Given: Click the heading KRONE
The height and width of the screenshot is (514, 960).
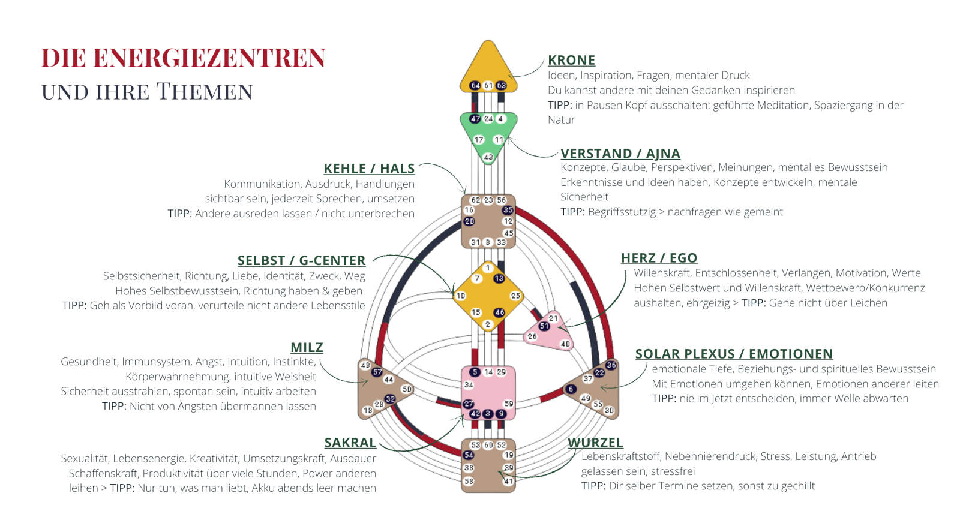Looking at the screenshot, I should (x=571, y=60).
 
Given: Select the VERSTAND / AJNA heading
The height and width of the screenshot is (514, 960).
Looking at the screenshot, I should (x=620, y=154).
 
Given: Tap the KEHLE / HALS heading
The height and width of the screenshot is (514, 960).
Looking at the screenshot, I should (x=369, y=169).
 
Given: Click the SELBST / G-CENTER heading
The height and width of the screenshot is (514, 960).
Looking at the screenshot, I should (x=301, y=261).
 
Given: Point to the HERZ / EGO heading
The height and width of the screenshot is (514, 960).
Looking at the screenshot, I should (x=659, y=258).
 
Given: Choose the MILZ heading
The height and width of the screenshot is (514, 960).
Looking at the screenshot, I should (x=307, y=348).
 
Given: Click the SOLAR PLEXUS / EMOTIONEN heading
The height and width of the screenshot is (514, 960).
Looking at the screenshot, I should (x=734, y=354).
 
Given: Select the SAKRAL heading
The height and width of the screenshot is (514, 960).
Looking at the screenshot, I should (x=350, y=443).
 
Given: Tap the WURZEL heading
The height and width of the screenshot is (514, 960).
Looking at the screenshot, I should (x=595, y=443).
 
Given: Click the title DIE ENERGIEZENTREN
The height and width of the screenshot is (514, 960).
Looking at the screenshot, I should (x=183, y=58).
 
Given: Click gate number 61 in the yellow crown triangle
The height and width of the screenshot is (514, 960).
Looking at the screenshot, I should (x=488, y=85).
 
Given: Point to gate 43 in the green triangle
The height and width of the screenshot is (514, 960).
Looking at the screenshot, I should (x=488, y=157).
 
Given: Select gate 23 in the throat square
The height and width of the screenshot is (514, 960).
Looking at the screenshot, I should (x=488, y=200).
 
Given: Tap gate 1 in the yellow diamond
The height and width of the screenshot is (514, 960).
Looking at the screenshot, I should (x=488, y=268).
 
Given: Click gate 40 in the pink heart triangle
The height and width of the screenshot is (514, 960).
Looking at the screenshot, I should (x=565, y=344).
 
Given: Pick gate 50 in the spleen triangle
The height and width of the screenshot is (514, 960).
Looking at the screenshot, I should (x=407, y=389).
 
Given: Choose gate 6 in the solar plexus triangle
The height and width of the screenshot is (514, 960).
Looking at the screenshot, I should (x=571, y=389).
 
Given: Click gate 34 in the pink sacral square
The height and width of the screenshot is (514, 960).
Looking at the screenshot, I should (x=469, y=385).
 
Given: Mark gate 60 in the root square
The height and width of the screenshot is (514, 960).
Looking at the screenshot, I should (x=488, y=445).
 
